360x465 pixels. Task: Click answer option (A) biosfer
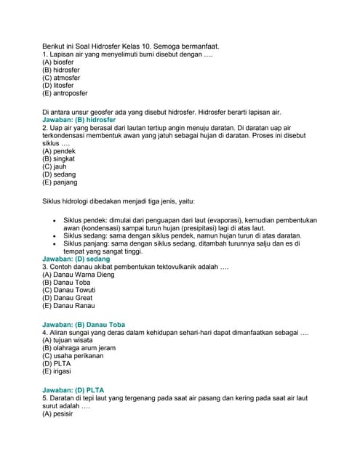60,62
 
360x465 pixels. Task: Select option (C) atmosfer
62,78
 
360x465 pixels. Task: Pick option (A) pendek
59,151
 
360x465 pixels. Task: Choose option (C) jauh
55,166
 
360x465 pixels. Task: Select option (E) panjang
60,182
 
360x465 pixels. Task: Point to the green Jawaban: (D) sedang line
76,259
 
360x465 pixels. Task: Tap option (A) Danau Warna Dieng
78,275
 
